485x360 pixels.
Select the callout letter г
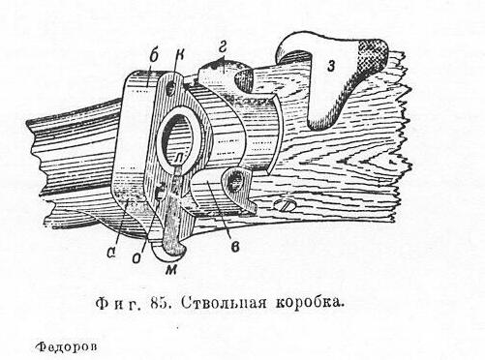(x=223, y=47)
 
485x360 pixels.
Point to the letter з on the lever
(x=330, y=66)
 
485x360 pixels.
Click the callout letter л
(x=178, y=158)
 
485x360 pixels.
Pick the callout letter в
(x=235, y=247)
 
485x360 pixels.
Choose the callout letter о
(x=137, y=257)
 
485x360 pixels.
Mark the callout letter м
(x=170, y=270)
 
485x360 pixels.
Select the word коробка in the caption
(x=308, y=303)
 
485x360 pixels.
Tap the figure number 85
(x=161, y=304)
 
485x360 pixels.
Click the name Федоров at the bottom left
(x=67, y=347)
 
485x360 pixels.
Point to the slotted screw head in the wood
(x=285, y=206)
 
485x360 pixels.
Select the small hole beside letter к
(x=170, y=88)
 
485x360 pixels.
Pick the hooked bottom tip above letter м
(x=174, y=249)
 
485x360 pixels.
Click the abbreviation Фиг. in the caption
(x=118, y=304)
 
